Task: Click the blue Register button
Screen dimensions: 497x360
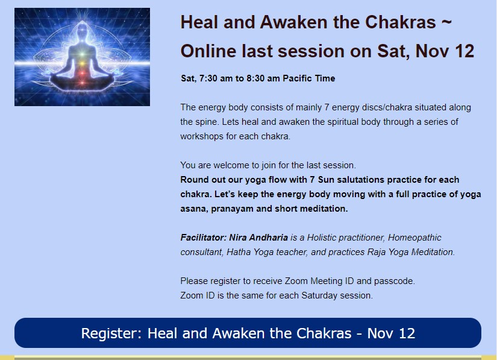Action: coord(248,333)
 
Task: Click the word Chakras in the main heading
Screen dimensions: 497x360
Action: coord(401,22)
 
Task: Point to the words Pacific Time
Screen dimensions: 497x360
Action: coord(308,78)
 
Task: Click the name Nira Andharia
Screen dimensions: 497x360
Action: coord(258,238)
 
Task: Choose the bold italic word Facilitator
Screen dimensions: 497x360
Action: coord(203,238)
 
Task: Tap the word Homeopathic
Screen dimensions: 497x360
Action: coord(414,238)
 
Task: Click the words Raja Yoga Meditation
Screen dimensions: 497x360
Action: coord(411,252)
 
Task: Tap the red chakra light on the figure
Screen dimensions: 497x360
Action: coord(83,74)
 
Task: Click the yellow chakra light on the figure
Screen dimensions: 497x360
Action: coord(83,63)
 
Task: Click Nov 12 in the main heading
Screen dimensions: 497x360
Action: coord(445,51)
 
